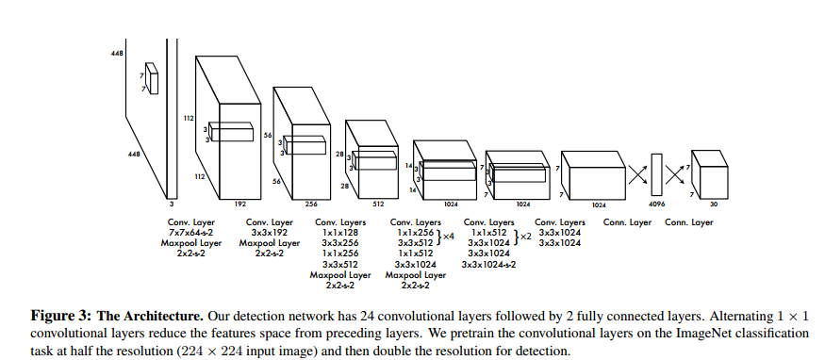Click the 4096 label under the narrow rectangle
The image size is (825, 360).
point(656,205)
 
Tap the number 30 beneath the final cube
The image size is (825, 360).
point(714,205)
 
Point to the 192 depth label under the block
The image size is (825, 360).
point(239,205)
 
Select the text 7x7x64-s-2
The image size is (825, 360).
point(191,233)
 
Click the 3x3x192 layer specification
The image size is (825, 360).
point(269,233)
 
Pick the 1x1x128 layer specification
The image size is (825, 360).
point(339,233)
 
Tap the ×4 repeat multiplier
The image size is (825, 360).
point(448,237)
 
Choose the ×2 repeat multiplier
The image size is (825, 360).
point(525,237)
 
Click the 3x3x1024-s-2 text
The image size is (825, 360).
point(488,265)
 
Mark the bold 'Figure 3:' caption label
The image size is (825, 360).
point(61,317)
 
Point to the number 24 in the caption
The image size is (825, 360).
point(365,317)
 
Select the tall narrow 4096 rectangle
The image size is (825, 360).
point(656,174)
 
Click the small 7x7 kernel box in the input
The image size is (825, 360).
point(152,79)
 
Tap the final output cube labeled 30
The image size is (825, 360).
point(709,174)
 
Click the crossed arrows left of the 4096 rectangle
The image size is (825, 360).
point(637,174)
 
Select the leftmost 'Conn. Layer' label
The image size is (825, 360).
point(627,222)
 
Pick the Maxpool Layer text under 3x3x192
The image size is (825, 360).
point(270,243)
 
